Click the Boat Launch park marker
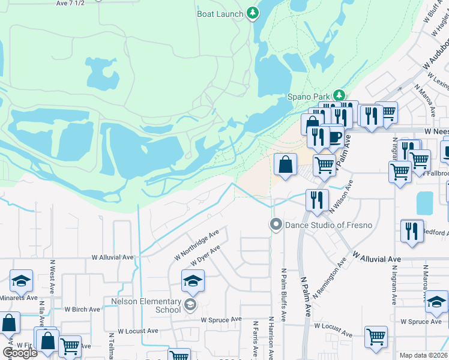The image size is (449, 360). click(253, 13)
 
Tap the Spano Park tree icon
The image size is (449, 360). click(339, 95)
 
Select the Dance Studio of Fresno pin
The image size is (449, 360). click(276, 225)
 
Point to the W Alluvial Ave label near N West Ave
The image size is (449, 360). click(112, 257)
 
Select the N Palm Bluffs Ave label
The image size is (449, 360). click(283, 294)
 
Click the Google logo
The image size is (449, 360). click(20, 353)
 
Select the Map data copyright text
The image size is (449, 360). click(423, 355)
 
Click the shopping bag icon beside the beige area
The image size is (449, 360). click(286, 164)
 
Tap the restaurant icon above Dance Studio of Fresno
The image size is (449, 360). click(316, 200)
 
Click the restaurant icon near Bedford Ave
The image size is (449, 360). click(411, 230)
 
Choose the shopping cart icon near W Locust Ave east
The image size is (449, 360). click(376, 337)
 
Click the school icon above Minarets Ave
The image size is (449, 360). click(21, 280)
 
